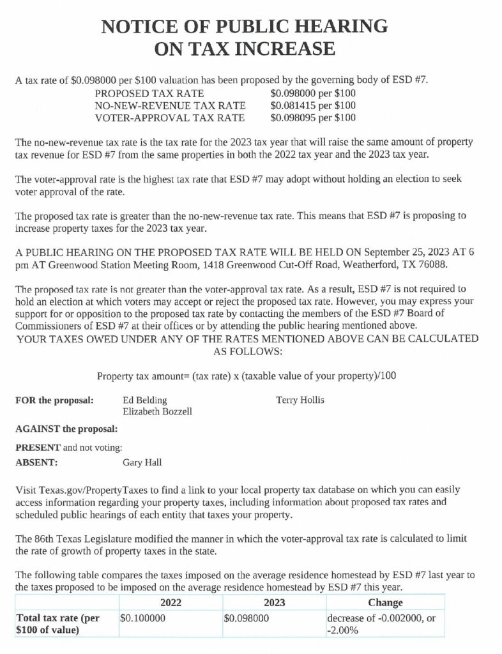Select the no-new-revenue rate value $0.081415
292,105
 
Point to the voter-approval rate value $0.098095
292,118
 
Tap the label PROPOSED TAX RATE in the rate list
141,93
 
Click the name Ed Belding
144,400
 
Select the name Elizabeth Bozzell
157,412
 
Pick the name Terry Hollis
300,400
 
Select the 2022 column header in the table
171,602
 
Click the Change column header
385,602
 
